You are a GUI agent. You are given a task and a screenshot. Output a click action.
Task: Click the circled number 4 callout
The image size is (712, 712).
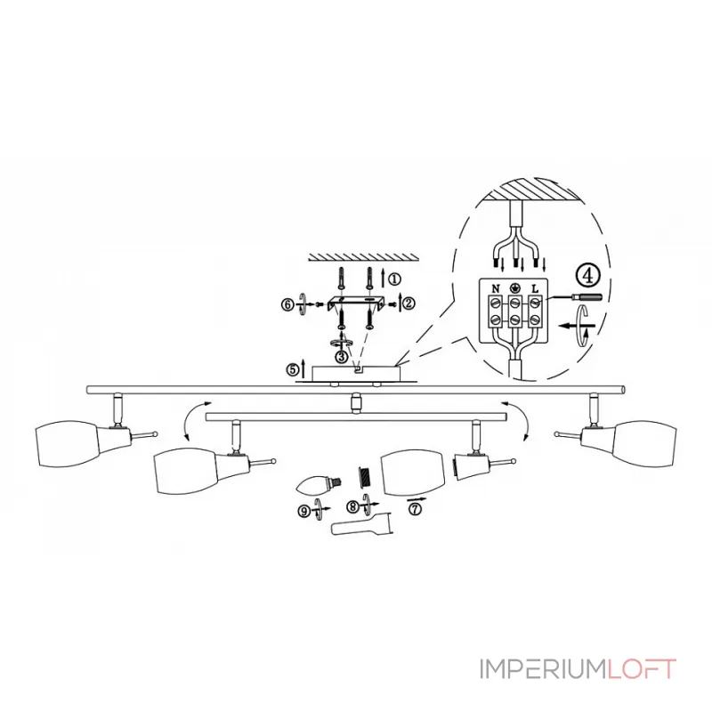pyautogui.click(x=588, y=276)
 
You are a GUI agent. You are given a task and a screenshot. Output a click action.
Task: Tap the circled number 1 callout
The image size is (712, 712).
pyautogui.click(x=394, y=279)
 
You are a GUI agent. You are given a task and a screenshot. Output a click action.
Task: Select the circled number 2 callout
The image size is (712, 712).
pyautogui.click(x=409, y=303)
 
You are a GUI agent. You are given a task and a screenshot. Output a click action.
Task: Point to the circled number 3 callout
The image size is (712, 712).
pyautogui.click(x=342, y=357)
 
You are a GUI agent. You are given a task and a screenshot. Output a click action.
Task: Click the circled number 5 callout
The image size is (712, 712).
pyautogui.click(x=293, y=369)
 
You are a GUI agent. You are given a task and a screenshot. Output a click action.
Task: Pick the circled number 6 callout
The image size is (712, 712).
pyautogui.click(x=287, y=304)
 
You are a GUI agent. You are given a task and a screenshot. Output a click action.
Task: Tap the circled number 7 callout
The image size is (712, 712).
pyautogui.click(x=415, y=509)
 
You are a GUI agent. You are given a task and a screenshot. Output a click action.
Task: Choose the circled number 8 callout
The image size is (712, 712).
pyautogui.click(x=352, y=506)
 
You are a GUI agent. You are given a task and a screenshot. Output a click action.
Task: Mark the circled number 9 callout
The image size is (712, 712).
pyautogui.click(x=303, y=511)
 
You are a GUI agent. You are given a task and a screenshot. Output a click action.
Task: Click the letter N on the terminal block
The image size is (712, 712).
pyautogui.click(x=496, y=288)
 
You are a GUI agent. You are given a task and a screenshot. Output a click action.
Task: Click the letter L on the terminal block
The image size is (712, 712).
pyautogui.click(x=535, y=288)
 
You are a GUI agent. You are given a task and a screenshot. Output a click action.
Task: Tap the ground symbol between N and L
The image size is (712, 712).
pyautogui.click(x=515, y=287)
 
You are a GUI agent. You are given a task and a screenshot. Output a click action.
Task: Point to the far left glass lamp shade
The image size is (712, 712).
pyautogui.click(x=68, y=444)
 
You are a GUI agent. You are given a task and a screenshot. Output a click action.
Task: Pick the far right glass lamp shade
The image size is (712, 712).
pyautogui.click(x=643, y=443)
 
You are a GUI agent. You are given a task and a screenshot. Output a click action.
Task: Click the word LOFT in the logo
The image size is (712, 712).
pyautogui.click(x=641, y=669)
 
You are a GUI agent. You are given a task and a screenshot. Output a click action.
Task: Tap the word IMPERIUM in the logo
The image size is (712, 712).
pyautogui.click(x=543, y=669)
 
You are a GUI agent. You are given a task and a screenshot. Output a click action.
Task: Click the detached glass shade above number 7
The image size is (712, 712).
pyautogui.click(x=412, y=473)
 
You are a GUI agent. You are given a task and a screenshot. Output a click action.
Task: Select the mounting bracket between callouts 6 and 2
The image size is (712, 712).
pyautogui.click(x=356, y=303)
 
